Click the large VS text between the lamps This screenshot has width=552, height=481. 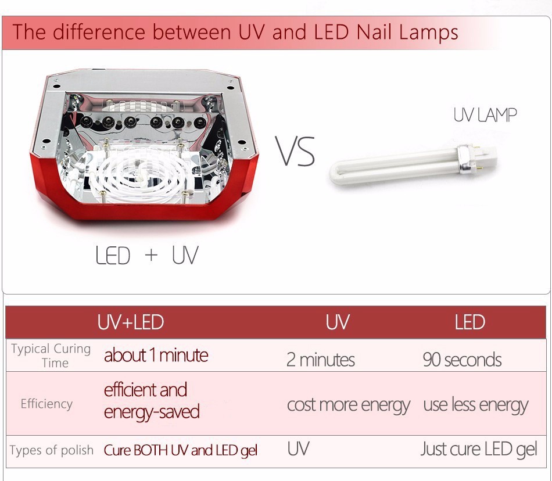point(295,151)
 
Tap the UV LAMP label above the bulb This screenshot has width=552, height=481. point(485,115)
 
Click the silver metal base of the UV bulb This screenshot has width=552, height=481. point(466,160)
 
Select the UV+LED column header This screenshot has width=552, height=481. point(131,322)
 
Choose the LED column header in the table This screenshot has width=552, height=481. point(469,322)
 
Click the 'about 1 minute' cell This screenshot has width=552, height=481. point(156,355)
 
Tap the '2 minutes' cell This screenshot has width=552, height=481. point(321,360)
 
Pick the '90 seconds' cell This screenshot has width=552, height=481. point(463,360)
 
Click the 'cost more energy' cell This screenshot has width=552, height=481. point(349,405)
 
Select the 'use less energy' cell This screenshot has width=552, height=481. point(476,405)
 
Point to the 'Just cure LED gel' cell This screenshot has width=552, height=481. point(479,449)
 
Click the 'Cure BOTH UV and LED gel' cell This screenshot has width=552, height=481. point(181,450)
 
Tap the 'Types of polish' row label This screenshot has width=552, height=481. point(51,450)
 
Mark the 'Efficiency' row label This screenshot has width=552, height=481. point(46,404)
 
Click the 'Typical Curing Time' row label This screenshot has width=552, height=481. point(51,356)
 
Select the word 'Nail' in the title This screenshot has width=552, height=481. point(374,32)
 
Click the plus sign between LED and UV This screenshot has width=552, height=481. point(151,255)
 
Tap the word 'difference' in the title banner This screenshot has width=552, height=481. point(99,32)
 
